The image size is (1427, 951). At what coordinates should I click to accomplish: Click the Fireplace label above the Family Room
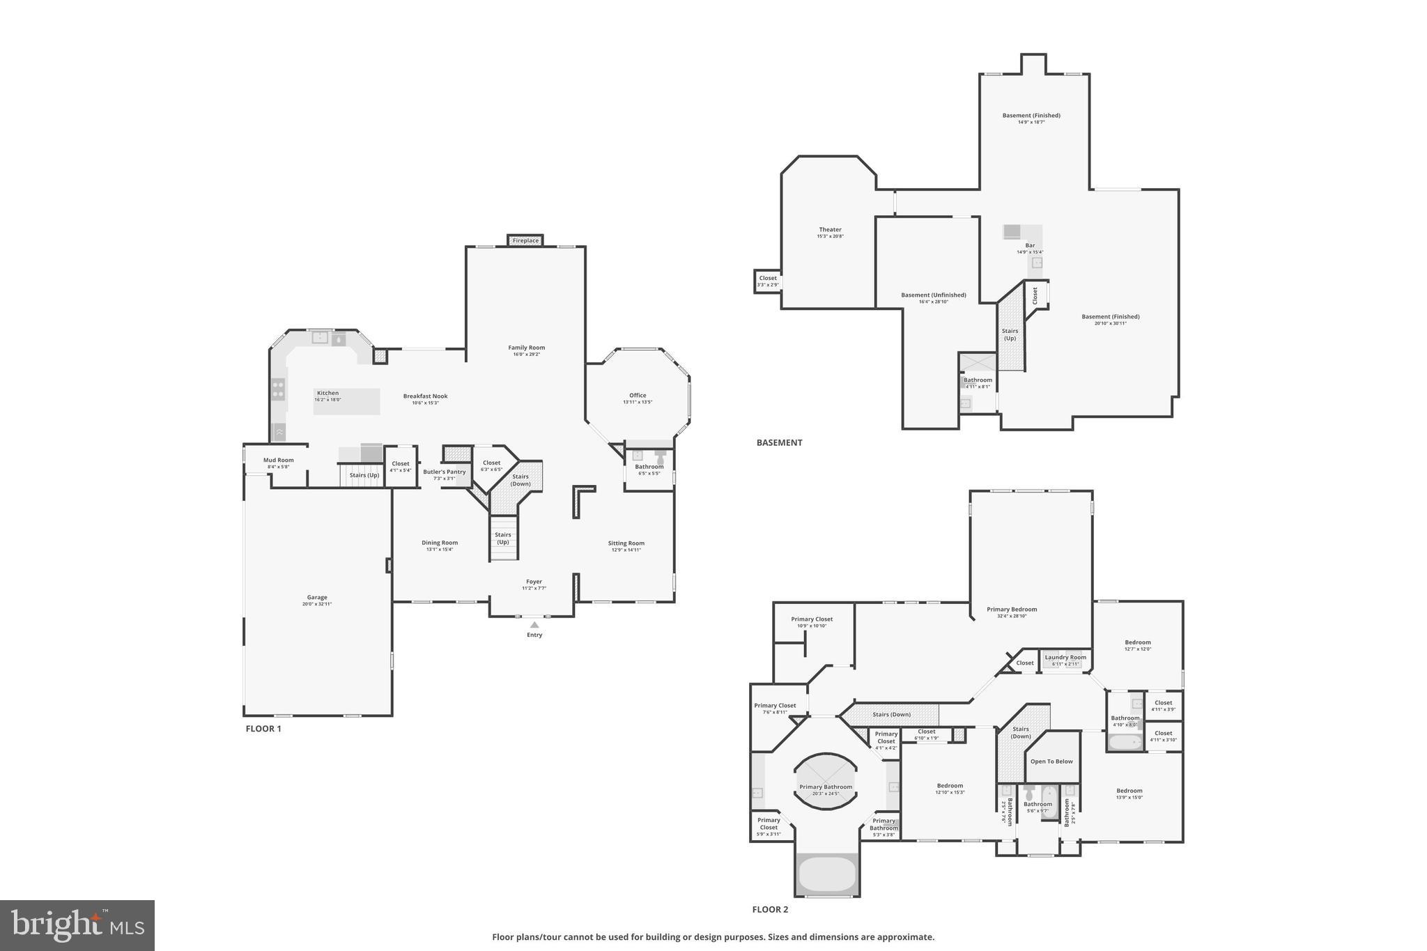[x=525, y=240]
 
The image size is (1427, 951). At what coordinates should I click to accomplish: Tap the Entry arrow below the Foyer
[x=534, y=626]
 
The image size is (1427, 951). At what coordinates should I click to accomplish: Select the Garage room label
[x=317, y=597]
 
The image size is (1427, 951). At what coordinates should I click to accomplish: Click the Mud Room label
[x=278, y=460]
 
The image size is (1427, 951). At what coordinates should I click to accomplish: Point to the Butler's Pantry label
[x=444, y=472]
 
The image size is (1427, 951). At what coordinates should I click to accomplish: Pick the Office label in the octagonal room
[x=638, y=395]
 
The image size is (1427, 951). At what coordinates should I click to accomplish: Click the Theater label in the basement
[x=830, y=229]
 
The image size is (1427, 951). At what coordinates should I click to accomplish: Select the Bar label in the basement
[x=1030, y=245]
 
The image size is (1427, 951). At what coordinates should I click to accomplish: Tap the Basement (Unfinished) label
[x=933, y=295]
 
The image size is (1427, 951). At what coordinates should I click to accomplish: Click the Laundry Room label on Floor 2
[x=1065, y=657]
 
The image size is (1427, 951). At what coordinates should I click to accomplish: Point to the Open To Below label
[x=1051, y=761]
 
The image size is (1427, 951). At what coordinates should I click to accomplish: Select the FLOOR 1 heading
[x=263, y=729]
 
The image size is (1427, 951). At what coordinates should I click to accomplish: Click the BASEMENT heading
[x=779, y=442]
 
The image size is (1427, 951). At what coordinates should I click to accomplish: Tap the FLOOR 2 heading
[x=770, y=909]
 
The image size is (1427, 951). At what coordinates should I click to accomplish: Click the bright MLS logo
[x=77, y=925]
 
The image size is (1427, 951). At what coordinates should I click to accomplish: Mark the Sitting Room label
[x=626, y=543]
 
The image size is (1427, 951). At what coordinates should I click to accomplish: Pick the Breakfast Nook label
[x=425, y=396]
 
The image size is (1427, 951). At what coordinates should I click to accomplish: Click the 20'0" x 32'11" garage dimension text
[x=317, y=604]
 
